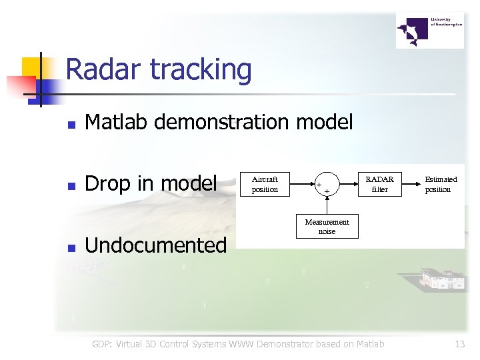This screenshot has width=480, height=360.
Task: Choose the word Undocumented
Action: click(x=156, y=245)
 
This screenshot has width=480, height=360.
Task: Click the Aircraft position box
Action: click(x=265, y=184)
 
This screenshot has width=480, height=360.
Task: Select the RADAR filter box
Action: click(x=379, y=184)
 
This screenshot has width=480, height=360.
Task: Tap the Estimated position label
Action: click(x=441, y=184)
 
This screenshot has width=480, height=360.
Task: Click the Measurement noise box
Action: click(x=327, y=227)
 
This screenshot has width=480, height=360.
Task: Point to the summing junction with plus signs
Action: click(x=327, y=185)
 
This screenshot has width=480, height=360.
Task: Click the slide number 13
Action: click(x=459, y=344)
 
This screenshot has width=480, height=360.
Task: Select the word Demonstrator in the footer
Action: click(x=297, y=344)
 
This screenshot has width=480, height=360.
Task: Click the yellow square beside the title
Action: click(x=33, y=67)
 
